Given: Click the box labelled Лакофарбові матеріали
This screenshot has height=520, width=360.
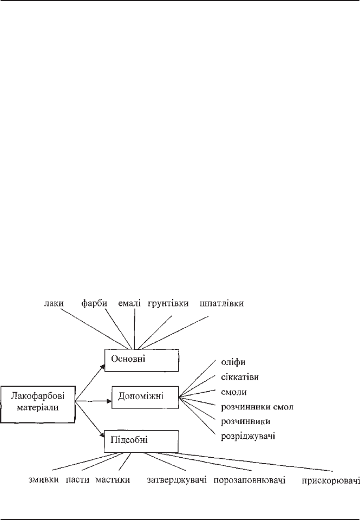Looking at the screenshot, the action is tap(38, 404).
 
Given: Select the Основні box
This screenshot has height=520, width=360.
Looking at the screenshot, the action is tap(141, 360).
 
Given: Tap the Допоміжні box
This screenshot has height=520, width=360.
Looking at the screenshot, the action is tap(145, 397).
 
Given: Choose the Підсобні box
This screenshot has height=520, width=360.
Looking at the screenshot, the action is tap(141, 441).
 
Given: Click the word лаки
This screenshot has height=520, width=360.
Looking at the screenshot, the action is tap(54, 303).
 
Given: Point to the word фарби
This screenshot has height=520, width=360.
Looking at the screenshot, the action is tap(95, 303).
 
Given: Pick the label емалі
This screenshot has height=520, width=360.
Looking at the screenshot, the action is tap(129, 303).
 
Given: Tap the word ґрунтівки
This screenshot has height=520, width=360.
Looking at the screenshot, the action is tap(168, 303).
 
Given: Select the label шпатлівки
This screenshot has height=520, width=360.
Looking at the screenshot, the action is tap(222, 303).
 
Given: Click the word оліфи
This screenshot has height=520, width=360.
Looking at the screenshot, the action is tap(233, 362).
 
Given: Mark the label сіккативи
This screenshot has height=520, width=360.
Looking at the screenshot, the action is tap(240, 377).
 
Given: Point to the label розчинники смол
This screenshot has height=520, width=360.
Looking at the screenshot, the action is tap(257, 407).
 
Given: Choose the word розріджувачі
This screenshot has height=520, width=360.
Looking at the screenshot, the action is tap(248, 436).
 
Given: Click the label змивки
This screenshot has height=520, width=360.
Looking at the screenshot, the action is tap(44, 479).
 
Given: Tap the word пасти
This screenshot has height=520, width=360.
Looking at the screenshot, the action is tap(77, 479).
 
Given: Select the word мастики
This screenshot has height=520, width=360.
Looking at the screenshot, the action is tap(113, 479).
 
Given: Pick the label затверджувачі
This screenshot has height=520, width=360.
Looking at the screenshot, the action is tap(177, 480).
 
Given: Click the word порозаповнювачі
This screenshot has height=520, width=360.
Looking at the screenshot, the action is tap(250, 480).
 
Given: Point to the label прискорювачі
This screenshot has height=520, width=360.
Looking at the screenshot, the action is tap(331, 480).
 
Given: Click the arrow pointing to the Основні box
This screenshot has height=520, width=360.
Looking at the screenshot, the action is tap(90, 382).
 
